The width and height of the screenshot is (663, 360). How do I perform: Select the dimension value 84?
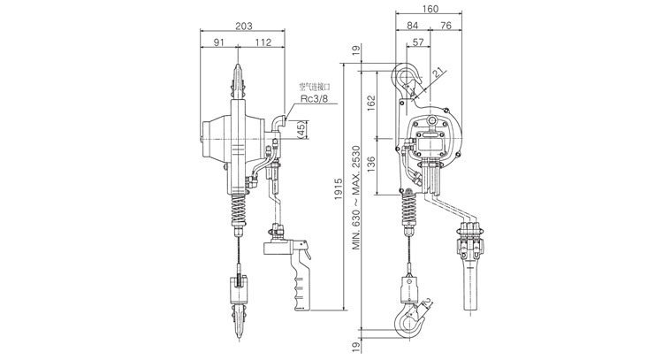click(x=414, y=27)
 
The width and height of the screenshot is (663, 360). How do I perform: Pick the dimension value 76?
click(x=447, y=27)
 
